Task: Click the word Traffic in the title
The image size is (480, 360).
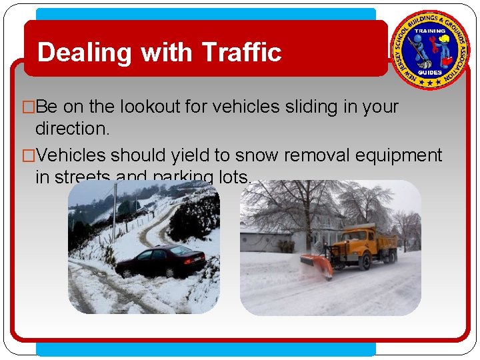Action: tap(241, 52)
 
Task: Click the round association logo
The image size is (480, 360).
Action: tap(430, 50)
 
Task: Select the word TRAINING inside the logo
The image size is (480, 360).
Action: tap(430, 31)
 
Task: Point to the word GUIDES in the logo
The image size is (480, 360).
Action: tap(430, 72)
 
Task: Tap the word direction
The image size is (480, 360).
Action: tap(72, 129)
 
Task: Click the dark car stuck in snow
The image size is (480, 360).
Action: tap(161, 261)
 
